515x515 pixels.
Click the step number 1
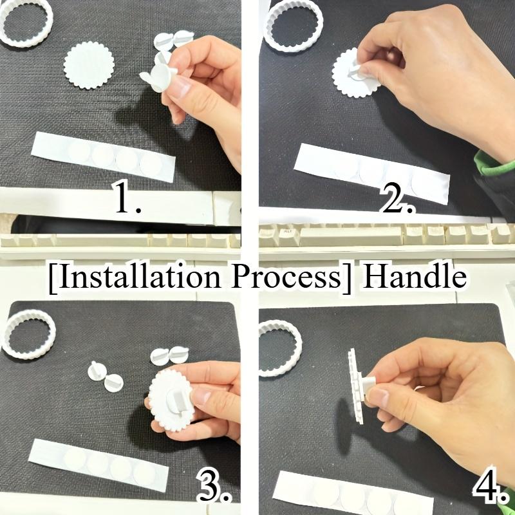[127, 198]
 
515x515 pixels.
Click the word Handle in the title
[415, 277]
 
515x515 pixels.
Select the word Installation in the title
[134, 277]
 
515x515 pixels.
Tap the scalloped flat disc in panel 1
[89, 66]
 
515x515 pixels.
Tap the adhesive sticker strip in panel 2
[371, 173]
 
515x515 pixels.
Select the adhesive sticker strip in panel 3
[98, 464]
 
